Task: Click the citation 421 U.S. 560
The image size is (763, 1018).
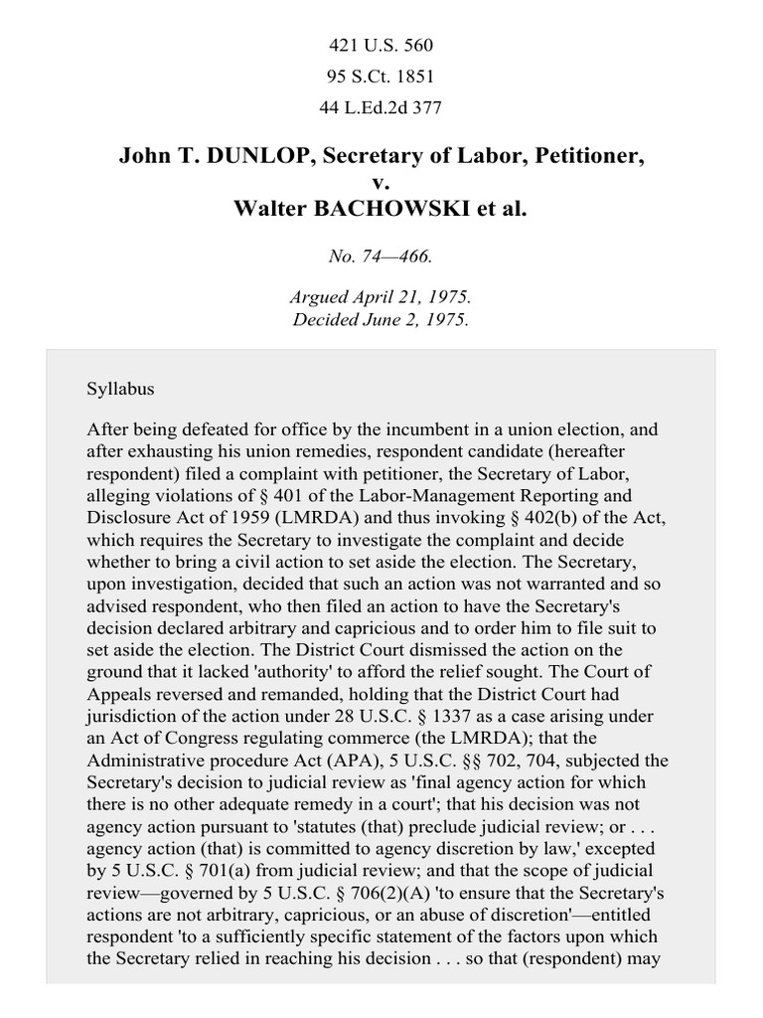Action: point(381,45)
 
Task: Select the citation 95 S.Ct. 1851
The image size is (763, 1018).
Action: point(381,76)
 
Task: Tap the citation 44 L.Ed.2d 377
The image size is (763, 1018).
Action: point(381,106)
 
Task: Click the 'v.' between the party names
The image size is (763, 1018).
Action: point(381,182)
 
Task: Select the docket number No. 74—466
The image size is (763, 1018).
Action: point(381,256)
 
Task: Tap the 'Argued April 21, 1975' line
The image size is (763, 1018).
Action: point(381,298)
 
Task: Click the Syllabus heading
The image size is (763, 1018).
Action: point(121,389)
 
